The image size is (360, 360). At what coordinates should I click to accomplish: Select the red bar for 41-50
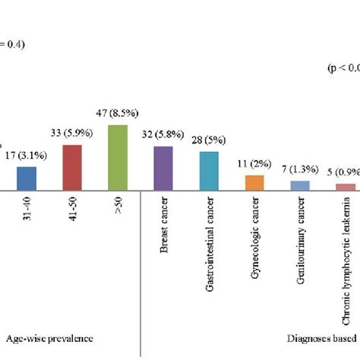(71, 166)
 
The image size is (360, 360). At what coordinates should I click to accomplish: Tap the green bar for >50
(118, 156)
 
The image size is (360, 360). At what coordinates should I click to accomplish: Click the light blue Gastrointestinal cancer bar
(210, 170)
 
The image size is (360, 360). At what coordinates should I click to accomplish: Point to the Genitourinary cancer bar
(301, 185)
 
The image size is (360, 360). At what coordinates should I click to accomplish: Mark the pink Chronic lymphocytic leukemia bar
(346, 186)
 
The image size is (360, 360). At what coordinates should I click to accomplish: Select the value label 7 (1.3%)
(302, 172)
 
